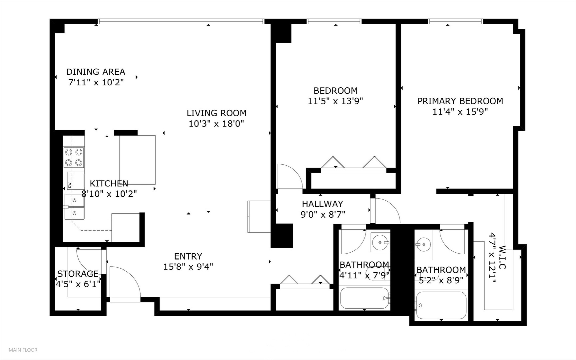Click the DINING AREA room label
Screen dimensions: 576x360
[96, 72]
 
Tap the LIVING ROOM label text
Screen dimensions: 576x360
[217, 113]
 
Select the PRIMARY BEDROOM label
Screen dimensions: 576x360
[460, 101]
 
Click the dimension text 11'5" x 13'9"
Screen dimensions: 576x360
[335, 101]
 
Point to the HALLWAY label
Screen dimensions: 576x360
[322, 204]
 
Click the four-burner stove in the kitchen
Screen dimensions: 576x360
[74, 157]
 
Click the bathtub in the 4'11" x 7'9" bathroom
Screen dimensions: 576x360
[364, 298]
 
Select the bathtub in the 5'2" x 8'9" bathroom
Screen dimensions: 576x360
[441, 305]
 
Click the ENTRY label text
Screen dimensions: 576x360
[188, 256]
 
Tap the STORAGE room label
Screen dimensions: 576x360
[78, 274]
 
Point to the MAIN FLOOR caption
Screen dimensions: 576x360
[23, 350]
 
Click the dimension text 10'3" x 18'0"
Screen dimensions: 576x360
[217, 124]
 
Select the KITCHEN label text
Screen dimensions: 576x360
[109, 183]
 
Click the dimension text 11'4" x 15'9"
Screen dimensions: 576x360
[460, 112]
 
